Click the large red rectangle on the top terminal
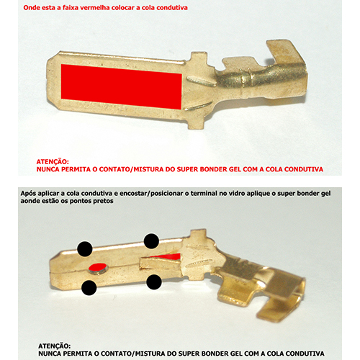pos(122,86)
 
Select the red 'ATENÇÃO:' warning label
pos(53,161)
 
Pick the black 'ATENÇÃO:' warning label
pos(55,346)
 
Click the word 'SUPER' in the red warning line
pos(187,169)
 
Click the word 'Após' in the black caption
pos(28,194)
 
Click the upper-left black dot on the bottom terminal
pos(85,249)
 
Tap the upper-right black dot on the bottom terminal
pos(151,241)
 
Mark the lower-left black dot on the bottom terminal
pos(89,287)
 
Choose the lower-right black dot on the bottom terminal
pos(154,282)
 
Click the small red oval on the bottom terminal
pos(97,266)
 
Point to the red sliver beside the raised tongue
pos(168,256)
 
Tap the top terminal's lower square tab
pos(196,122)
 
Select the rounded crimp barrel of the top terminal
pos(261,79)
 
